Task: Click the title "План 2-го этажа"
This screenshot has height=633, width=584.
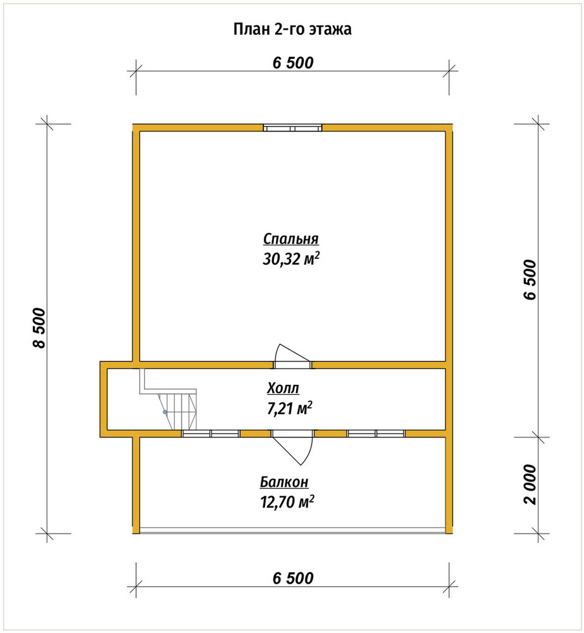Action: tap(292, 29)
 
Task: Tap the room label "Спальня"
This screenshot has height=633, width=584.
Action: tap(291, 239)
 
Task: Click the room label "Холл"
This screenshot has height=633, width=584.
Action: tap(283, 389)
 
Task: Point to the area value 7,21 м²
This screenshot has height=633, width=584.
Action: tap(289, 408)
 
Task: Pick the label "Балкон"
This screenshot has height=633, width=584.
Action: tap(284, 482)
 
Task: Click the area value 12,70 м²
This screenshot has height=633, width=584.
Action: tap(287, 502)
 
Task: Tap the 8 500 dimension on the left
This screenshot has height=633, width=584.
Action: tap(40, 327)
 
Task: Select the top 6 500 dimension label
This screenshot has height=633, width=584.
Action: tap(293, 63)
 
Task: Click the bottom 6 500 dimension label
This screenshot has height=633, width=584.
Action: tap(293, 578)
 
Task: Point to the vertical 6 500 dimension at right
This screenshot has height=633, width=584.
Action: tap(530, 279)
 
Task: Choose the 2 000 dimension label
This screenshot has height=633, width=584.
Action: tap(530, 484)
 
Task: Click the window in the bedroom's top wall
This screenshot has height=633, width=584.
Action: tap(292, 128)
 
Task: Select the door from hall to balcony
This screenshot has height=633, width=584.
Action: tap(292, 447)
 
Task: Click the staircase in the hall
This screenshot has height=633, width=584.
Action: tap(169, 399)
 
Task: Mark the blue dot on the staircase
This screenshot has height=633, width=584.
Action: tap(165, 412)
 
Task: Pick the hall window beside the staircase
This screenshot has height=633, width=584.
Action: tap(210, 434)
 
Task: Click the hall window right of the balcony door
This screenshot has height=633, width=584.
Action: tap(376, 434)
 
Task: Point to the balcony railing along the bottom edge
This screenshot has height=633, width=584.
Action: tap(292, 531)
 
